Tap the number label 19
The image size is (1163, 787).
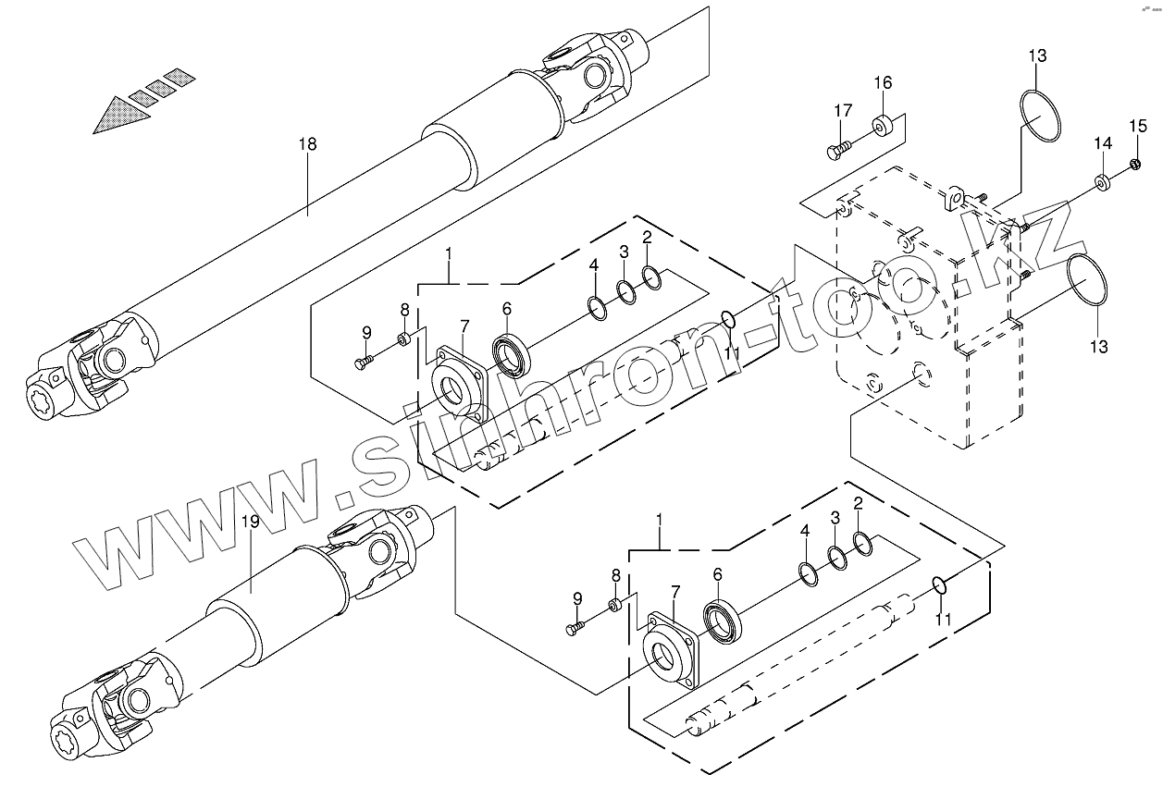(x=251, y=523)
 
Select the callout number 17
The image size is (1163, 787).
(x=842, y=111)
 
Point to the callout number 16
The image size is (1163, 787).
(x=883, y=83)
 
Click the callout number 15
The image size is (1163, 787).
(x=1137, y=126)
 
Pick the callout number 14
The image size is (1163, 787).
(x=1102, y=143)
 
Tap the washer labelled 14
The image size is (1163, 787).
(x=1102, y=180)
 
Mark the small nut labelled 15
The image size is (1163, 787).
(x=1134, y=165)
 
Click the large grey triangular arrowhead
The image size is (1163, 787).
(x=121, y=116)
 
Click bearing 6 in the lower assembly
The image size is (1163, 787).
(x=723, y=620)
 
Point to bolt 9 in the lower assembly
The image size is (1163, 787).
(x=575, y=628)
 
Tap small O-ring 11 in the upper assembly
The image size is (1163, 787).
(x=728, y=321)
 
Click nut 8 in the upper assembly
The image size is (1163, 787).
(x=404, y=338)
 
